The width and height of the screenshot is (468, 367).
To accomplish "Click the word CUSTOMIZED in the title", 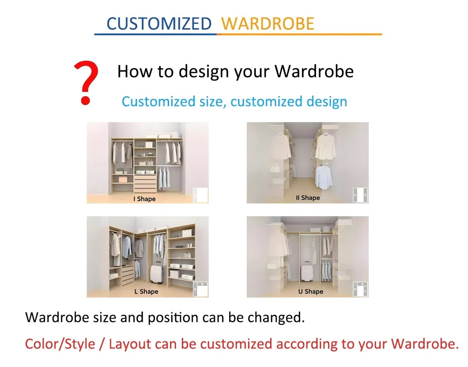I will click(159, 23).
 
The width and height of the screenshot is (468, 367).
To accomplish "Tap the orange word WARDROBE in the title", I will click(268, 23).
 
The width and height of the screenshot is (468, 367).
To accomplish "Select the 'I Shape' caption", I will click(144, 199).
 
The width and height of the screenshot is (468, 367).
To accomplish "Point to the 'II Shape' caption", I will click(308, 198).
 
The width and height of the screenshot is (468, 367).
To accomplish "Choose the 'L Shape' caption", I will click(146, 292).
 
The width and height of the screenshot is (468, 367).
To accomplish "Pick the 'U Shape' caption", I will click(311, 292).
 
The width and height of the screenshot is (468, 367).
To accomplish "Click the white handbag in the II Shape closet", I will click(275, 167).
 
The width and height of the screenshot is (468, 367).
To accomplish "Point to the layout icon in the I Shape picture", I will click(200, 195).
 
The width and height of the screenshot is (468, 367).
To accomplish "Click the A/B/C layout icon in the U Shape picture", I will click(361, 289).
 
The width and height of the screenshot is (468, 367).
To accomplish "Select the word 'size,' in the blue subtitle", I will click(211, 101).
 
